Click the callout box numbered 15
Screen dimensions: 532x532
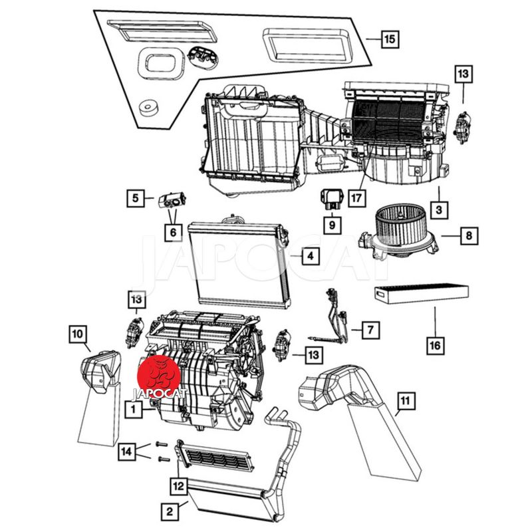[389, 40]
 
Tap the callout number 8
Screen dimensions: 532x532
[469, 235]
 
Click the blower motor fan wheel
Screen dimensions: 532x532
[398, 229]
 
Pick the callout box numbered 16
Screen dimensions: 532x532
[436, 345]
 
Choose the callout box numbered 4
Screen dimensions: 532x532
[309, 255]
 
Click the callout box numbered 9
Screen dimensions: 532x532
[331, 225]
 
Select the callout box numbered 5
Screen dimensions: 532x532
[135, 198]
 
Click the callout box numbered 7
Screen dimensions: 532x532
[370, 329]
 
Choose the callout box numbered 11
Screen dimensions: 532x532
[405, 401]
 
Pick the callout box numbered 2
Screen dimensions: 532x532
[170, 511]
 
